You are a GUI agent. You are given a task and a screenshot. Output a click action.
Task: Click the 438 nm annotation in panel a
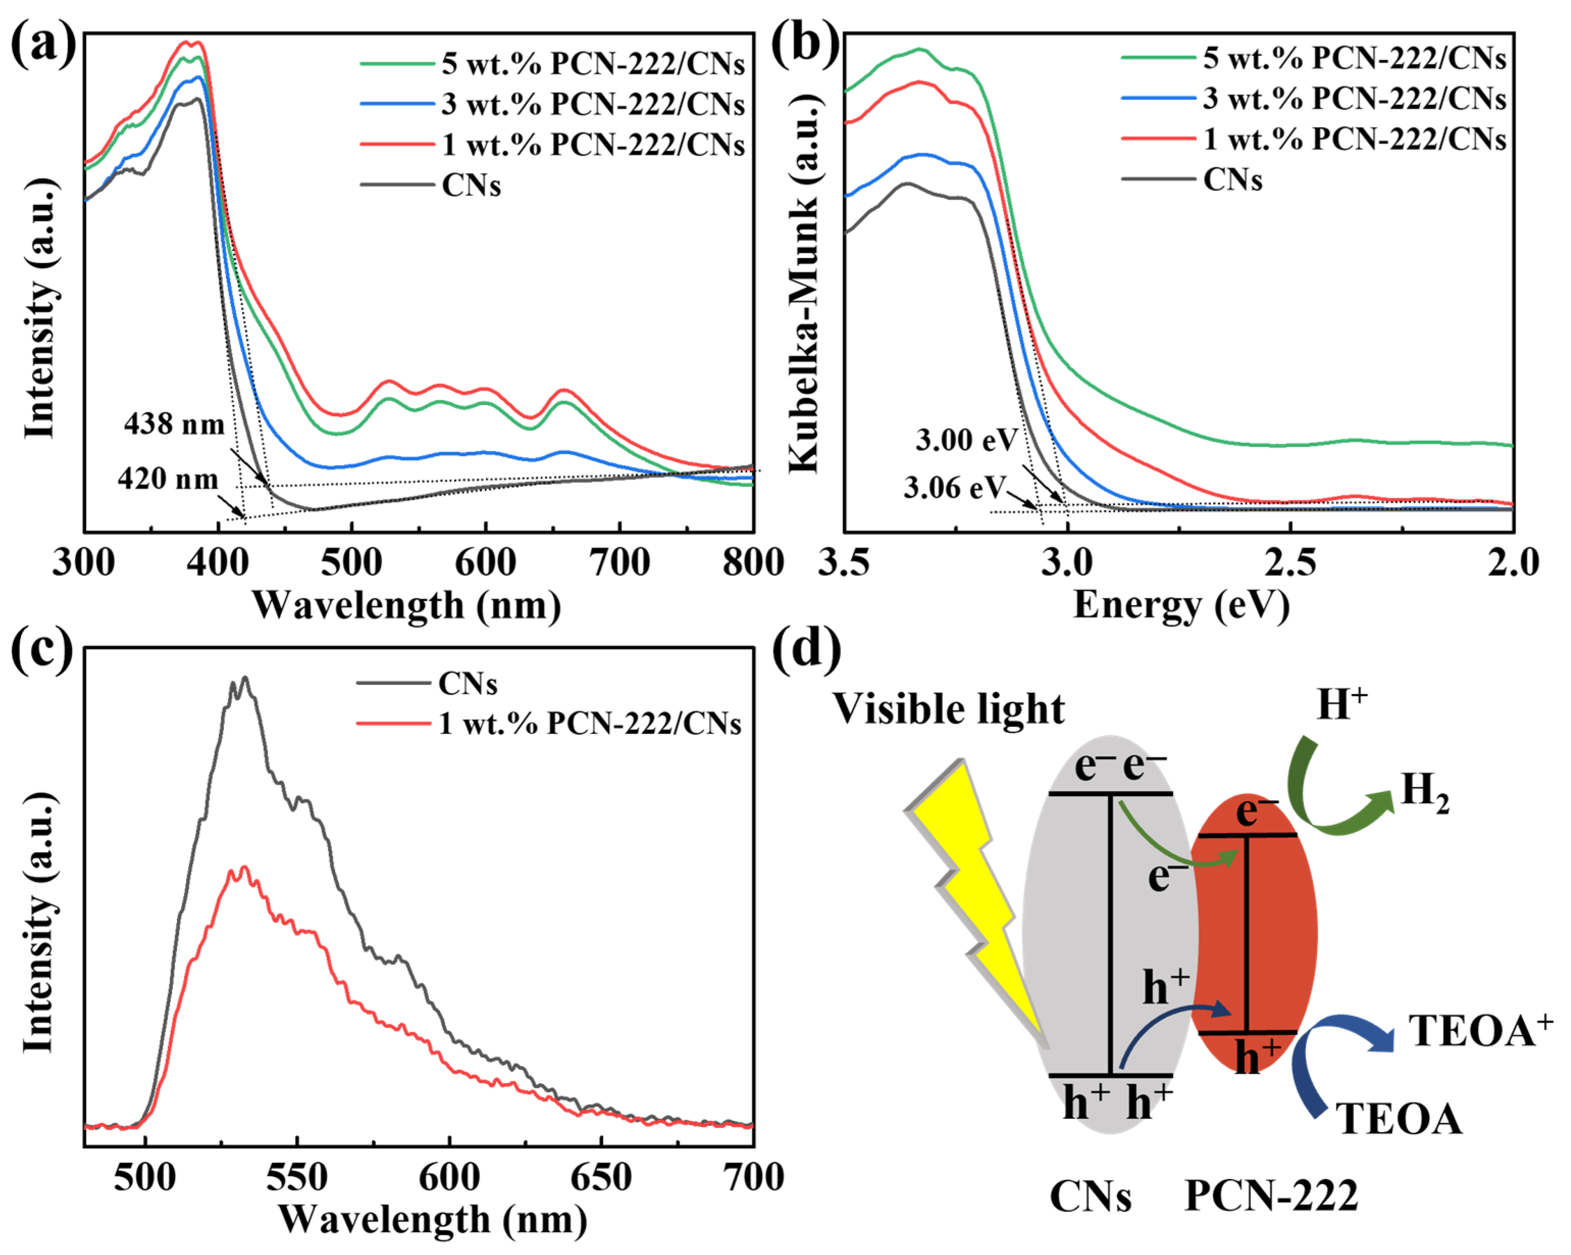pos(174,423)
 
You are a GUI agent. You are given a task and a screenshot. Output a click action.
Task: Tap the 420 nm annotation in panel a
pos(168,479)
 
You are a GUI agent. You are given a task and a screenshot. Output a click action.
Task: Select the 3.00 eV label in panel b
pos(966,440)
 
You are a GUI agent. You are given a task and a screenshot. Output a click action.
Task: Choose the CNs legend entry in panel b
pos(1232,180)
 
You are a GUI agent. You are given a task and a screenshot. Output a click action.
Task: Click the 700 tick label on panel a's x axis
pos(619,562)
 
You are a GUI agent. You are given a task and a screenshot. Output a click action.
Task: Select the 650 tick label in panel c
pos(600,1178)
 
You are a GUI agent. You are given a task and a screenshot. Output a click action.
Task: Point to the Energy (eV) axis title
pos(1181,605)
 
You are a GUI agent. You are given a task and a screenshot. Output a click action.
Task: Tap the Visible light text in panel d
pos(948,709)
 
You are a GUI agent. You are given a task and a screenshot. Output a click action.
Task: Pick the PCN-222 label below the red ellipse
pos(1271,1195)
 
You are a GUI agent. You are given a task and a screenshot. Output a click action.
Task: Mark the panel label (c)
pos(42,649)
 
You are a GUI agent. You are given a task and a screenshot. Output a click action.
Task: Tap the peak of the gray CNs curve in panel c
pos(245,679)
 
